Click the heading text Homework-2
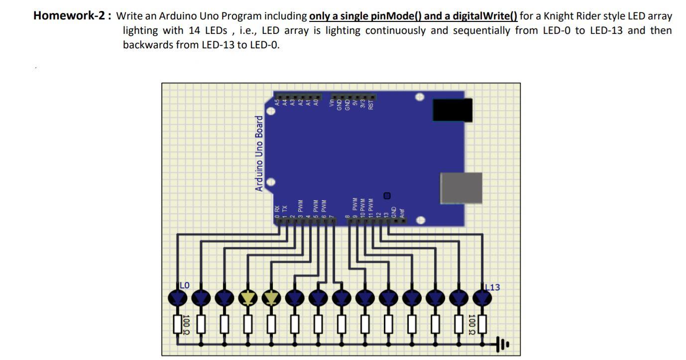(x=72, y=15)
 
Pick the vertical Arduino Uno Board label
(x=259, y=153)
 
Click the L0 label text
(x=185, y=285)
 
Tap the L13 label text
(x=493, y=287)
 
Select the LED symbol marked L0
(x=178, y=298)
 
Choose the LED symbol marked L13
(x=481, y=298)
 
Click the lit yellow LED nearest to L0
(x=247, y=298)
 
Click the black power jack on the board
(x=452, y=110)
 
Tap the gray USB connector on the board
(x=461, y=188)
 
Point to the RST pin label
(x=371, y=104)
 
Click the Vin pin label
(x=333, y=104)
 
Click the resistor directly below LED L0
(x=177, y=324)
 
